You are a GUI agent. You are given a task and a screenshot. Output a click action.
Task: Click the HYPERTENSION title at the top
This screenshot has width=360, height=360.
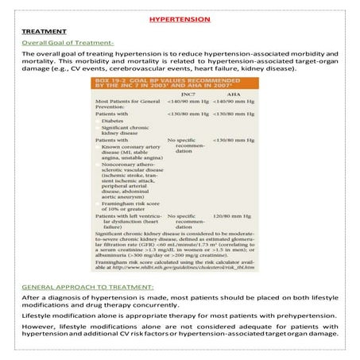(180, 17)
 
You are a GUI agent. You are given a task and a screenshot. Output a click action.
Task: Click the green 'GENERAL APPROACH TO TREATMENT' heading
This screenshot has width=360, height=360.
(87, 285)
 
